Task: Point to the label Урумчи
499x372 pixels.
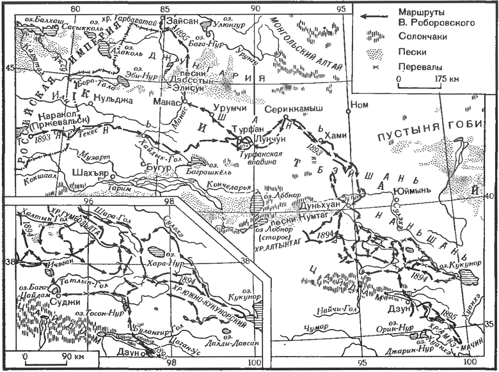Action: tap(213, 109)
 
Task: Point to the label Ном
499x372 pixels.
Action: tap(361, 105)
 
